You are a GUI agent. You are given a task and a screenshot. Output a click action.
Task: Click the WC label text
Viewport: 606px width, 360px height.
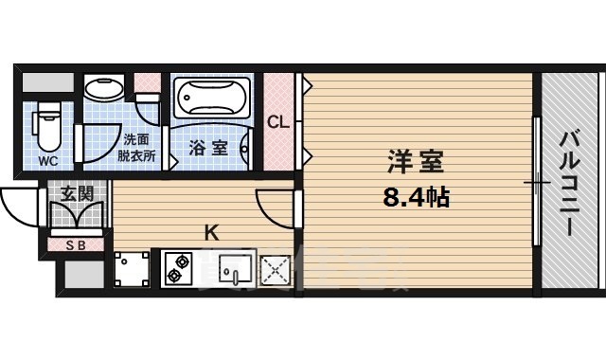coord(47,161)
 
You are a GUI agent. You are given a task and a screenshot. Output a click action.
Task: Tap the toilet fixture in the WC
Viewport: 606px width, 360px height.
coord(47,127)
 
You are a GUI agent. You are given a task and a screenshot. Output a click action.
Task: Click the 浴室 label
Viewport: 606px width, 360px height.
coord(207,148)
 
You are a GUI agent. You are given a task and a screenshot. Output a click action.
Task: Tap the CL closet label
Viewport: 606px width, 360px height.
coord(277,121)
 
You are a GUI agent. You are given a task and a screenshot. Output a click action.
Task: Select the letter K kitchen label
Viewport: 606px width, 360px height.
coord(213,230)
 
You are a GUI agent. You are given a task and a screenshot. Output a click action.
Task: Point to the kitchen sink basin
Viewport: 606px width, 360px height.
coord(232,269)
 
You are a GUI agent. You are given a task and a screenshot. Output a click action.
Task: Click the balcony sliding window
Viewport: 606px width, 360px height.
coord(537,180)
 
